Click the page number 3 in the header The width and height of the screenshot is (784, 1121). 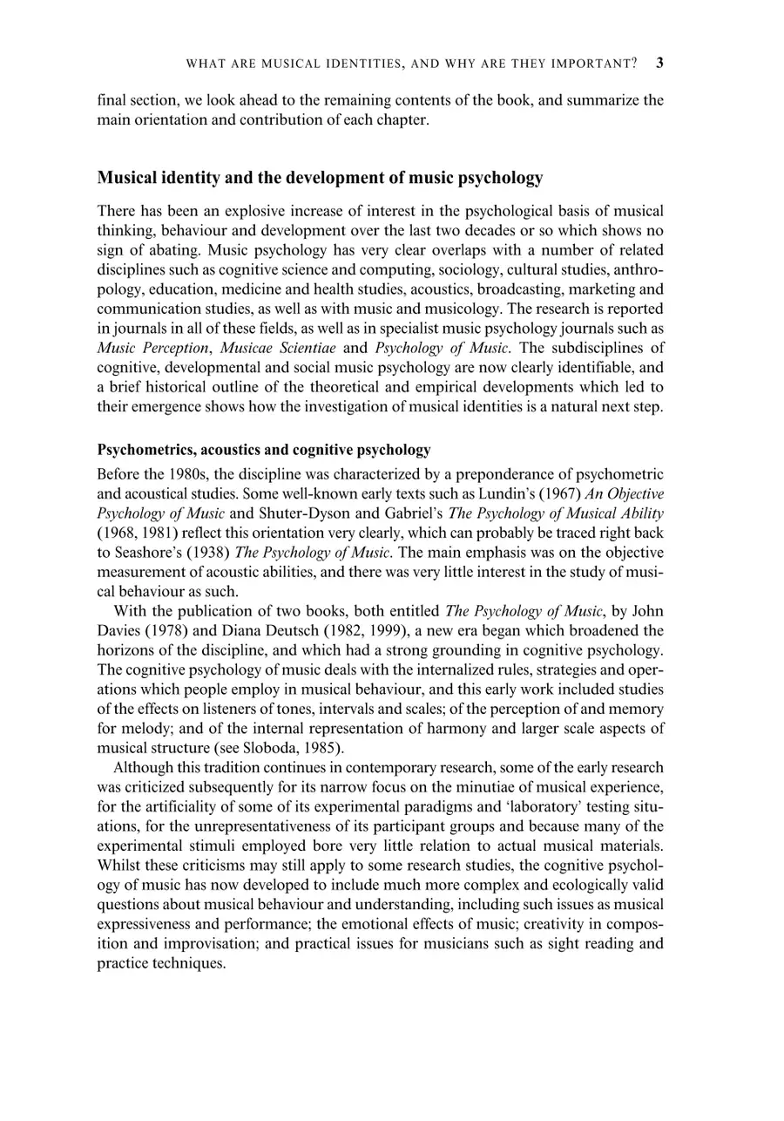(x=659, y=63)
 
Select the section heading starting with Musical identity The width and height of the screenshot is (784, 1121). (x=320, y=178)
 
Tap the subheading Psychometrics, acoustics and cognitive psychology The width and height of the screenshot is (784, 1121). (x=264, y=450)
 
